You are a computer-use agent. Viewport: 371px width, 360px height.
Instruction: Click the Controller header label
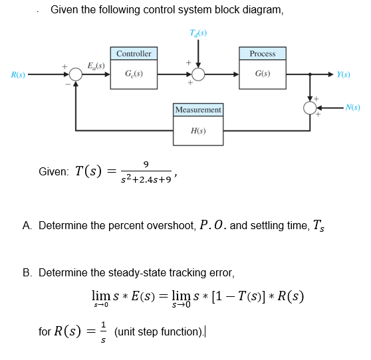[134, 53]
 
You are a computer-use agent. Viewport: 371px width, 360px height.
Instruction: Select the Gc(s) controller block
[134, 74]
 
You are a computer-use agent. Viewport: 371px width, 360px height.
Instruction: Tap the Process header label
[263, 53]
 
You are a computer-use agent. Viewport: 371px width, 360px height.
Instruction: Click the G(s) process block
[263, 74]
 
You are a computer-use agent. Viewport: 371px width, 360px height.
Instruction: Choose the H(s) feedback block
[198, 130]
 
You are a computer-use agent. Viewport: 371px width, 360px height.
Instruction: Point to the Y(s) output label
[344, 74]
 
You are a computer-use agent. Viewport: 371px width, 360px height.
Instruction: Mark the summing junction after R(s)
[76, 74]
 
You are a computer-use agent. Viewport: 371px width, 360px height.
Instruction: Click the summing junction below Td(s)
[198, 74]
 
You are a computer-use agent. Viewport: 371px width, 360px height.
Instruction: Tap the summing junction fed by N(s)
[310, 107]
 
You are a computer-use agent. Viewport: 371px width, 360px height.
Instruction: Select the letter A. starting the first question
[26, 226]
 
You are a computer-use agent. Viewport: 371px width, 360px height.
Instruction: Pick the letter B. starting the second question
[26, 272]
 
